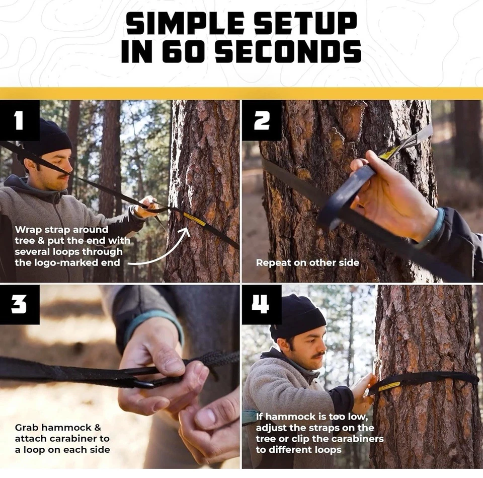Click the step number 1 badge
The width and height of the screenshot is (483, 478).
coord(20,120)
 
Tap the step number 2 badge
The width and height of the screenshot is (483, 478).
coord(262,120)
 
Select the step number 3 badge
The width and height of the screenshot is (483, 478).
coord(20,304)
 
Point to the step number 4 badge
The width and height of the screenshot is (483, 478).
coord(262,304)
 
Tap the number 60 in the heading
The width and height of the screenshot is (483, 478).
coord(183,51)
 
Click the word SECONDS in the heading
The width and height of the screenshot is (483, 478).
coord(288,51)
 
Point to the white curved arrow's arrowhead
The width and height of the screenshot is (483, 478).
coord(186,232)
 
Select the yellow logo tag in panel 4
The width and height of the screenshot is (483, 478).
coord(389,386)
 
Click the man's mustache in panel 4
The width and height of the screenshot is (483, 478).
coord(318,356)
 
